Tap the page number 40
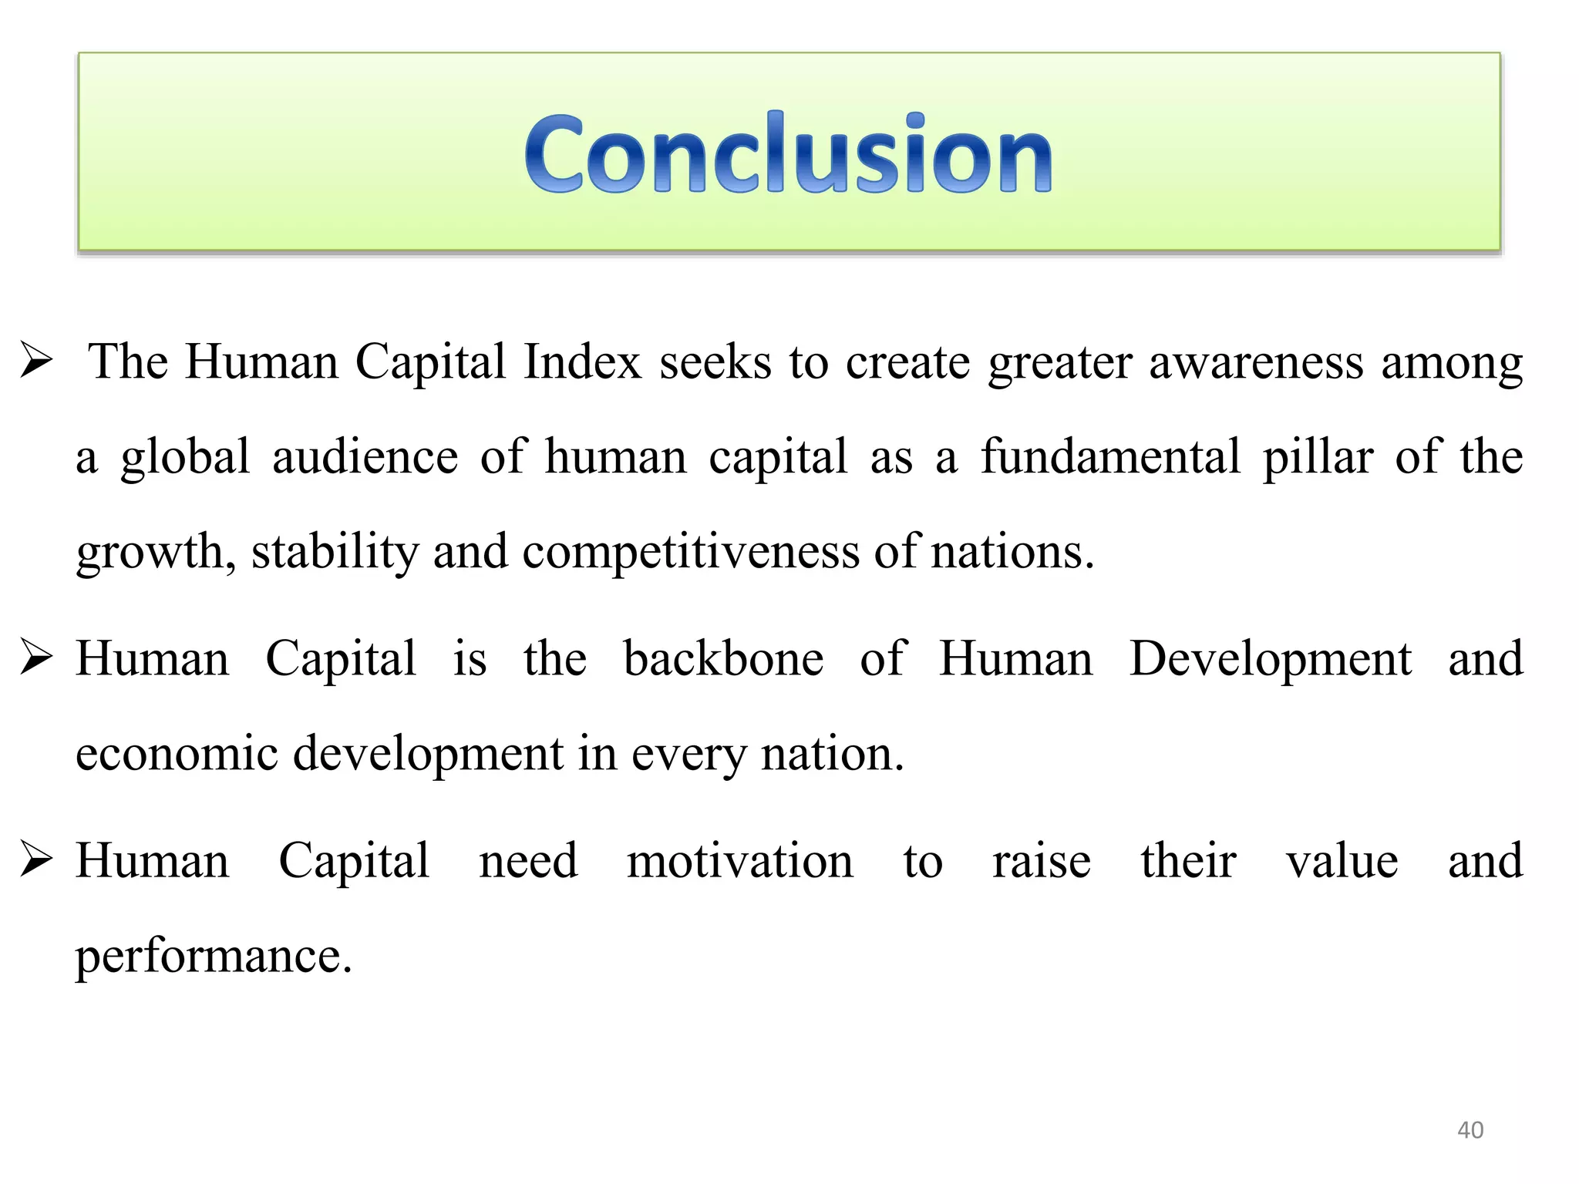[x=1470, y=1130]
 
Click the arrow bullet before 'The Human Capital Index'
[x=36, y=361]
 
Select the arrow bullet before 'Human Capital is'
[x=36, y=658]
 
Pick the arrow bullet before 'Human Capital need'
[x=36, y=859]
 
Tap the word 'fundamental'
[x=1110, y=456]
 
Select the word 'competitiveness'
[x=691, y=552]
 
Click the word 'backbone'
[x=723, y=658]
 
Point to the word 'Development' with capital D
[x=1270, y=660]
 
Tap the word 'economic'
[x=177, y=753]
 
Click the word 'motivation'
[x=739, y=860]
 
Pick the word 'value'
[x=1342, y=860]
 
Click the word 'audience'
[x=365, y=456]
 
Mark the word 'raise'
[x=1042, y=860]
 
